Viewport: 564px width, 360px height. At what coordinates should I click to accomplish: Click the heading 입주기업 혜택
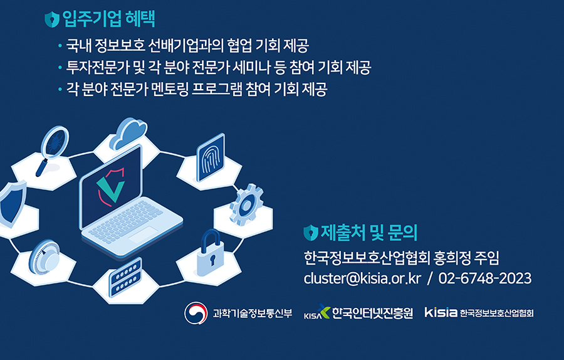108,19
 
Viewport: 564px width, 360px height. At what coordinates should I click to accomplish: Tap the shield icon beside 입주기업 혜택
52,19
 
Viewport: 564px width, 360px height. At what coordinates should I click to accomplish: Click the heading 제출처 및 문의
368,233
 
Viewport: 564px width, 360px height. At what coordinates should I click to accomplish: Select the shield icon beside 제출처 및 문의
310,233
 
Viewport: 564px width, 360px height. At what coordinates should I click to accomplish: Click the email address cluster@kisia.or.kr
362,278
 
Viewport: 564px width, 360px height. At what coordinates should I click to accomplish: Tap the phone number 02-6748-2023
485,278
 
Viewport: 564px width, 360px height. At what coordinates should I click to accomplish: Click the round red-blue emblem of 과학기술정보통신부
196,313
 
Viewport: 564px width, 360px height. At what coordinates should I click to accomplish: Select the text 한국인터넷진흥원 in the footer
372,313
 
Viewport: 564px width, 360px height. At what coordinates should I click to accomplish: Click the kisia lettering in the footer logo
441,312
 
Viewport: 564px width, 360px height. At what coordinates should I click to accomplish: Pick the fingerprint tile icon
211,157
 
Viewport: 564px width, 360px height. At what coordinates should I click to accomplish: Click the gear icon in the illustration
246,204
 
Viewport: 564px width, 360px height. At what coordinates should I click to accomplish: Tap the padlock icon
211,253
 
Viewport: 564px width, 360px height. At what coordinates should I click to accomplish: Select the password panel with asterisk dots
125,277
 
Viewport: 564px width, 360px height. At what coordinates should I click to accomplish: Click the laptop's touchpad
143,235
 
